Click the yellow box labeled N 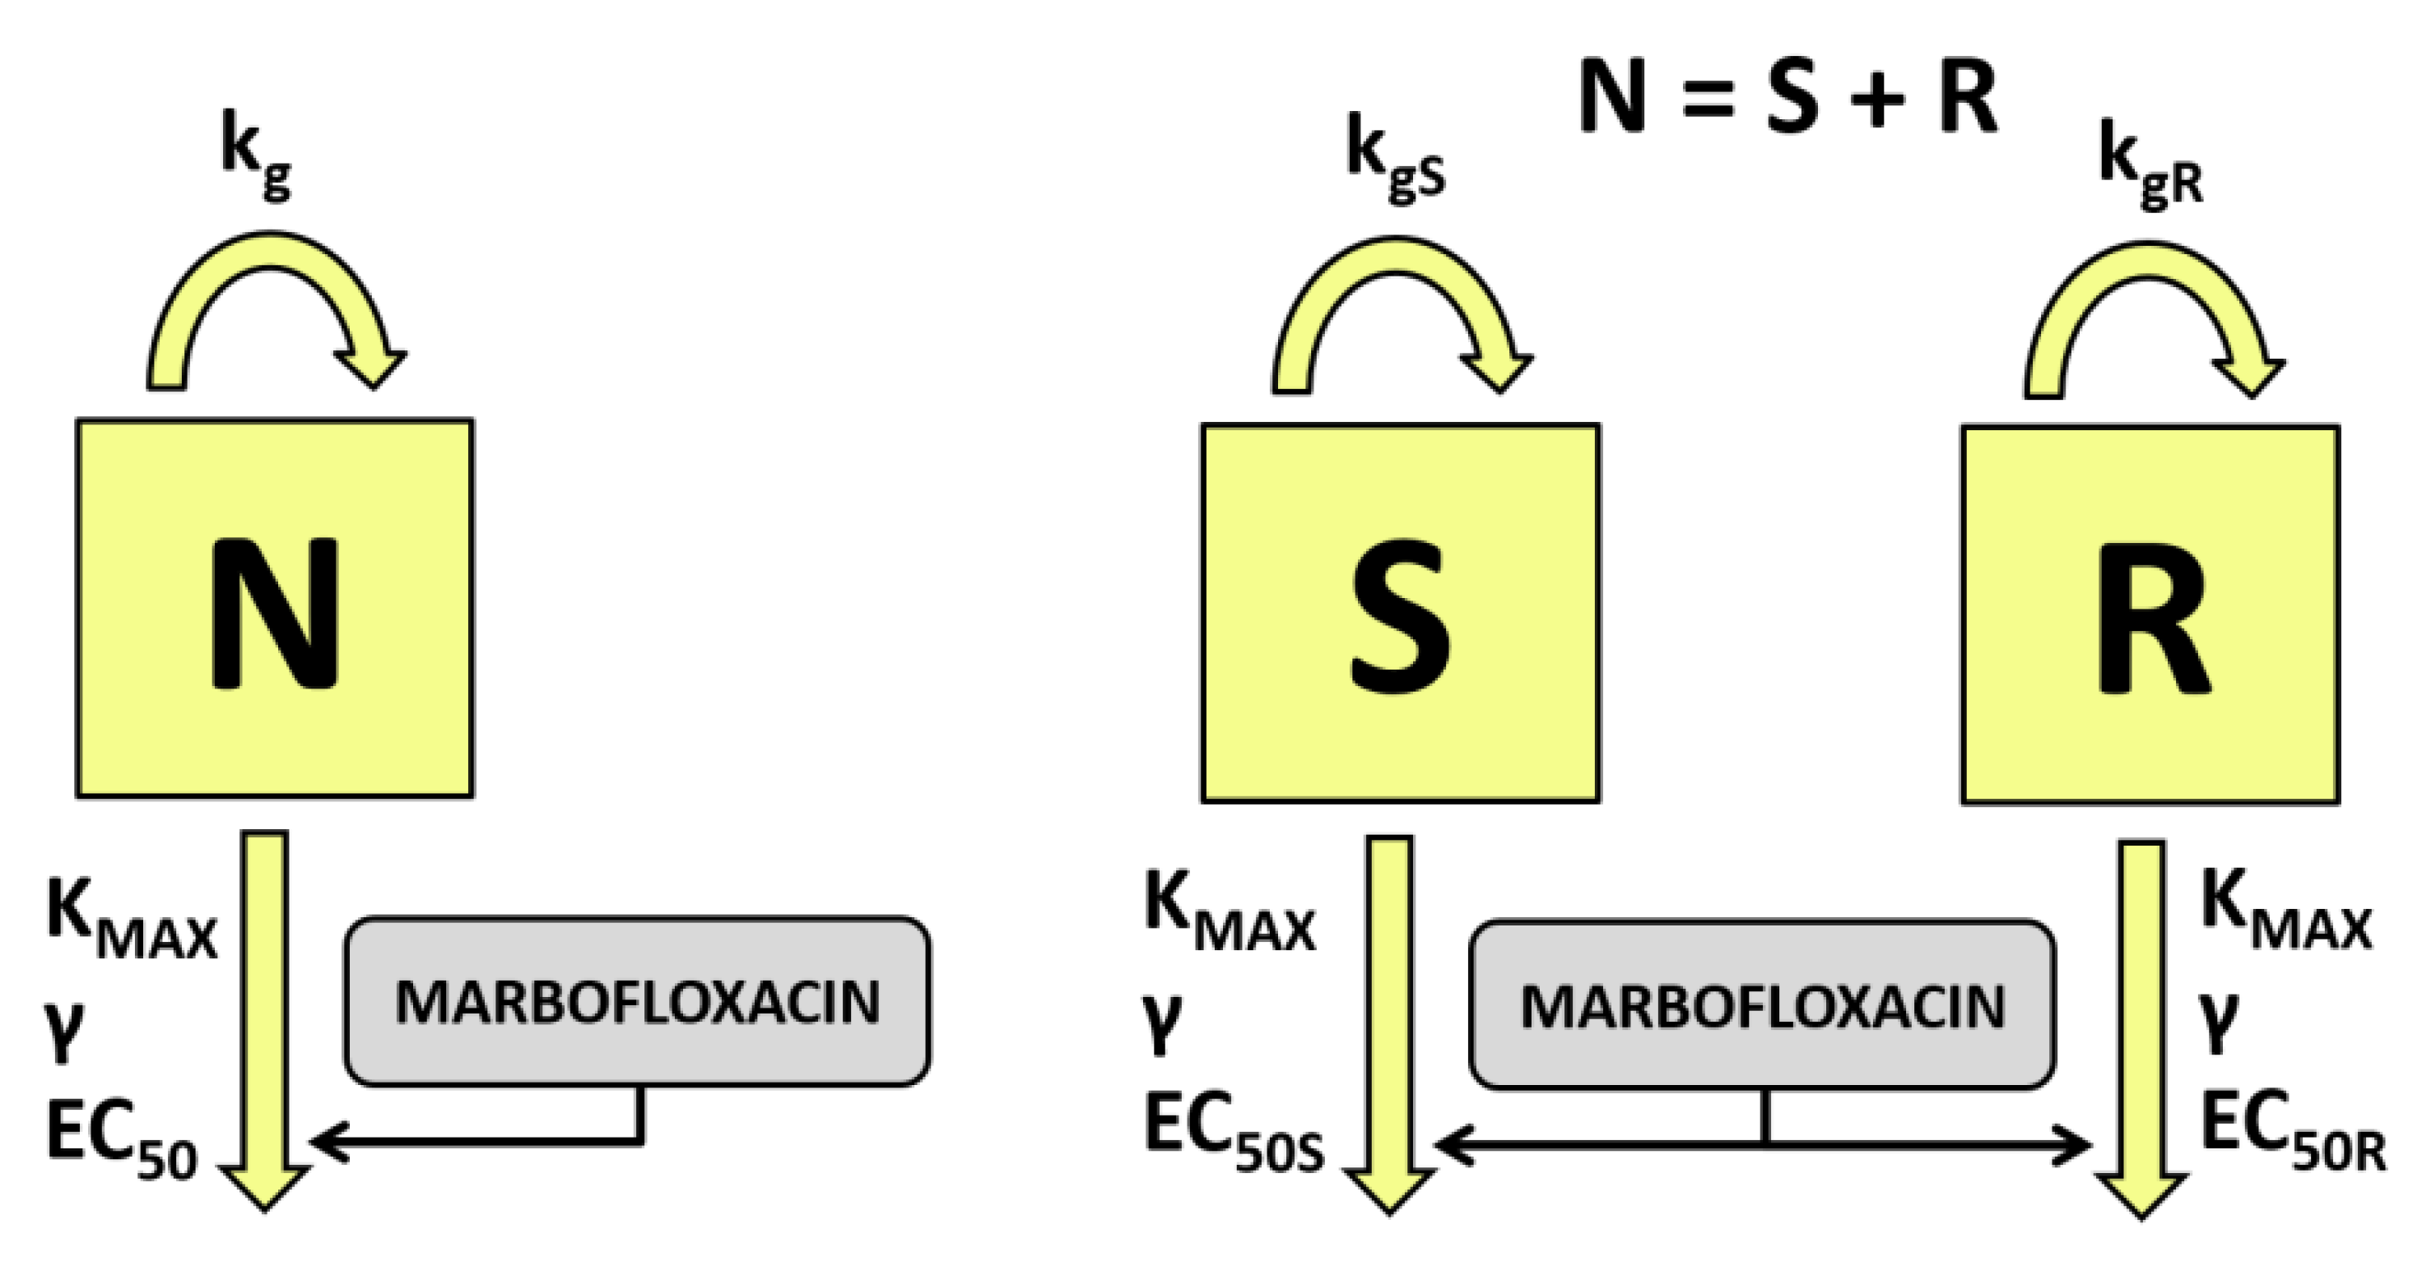point(274,609)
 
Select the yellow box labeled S point(1401,613)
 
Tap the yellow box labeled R point(2150,614)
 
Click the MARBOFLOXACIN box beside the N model point(637,1001)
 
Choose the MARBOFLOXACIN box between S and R point(1762,1005)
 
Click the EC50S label point(1233,1133)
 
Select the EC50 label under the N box point(121,1138)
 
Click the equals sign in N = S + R point(1708,100)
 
